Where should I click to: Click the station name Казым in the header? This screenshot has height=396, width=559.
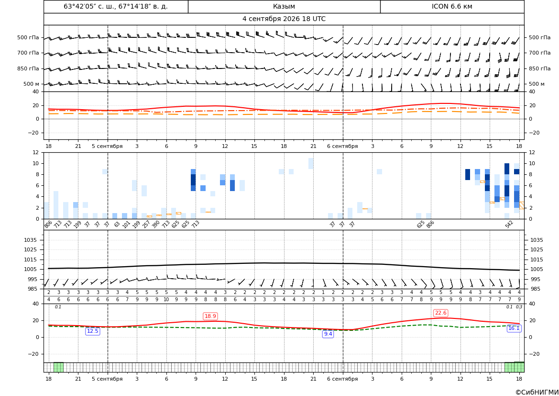pyautogui.click(x=284, y=6)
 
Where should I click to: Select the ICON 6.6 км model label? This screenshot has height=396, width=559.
pyautogui.click(x=452, y=6)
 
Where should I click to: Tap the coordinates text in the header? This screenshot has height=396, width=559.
pyautogui.click(x=116, y=6)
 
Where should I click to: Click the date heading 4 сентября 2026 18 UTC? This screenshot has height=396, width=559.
pyautogui.click(x=284, y=19)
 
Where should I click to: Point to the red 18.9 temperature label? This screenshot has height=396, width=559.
pyautogui.click(x=210, y=316)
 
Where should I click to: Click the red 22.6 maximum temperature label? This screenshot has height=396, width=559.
pyautogui.click(x=440, y=313)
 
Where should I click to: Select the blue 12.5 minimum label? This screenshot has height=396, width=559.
pyautogui.click(x=93, y=331)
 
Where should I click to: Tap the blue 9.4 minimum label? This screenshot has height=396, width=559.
pyautogui.click(x=328, y=334)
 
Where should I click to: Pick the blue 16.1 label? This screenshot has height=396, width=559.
pyautogui.click(x=514, y=328)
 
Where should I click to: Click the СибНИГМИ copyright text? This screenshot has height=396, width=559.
pyautogui.click(x=537, y=392)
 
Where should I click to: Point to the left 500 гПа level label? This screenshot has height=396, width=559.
pyautogui.click(x=28, y=37)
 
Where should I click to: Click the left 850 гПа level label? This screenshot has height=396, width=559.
pyautogui.click(x=28, y=68)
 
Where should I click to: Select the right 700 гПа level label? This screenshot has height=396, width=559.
pyautogui.click(x=539, y=53)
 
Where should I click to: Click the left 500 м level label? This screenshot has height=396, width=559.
pyautogui.click(x=32, y=84)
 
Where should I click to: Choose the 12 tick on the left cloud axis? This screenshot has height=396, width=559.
pyautogui.click(x=36, y=152)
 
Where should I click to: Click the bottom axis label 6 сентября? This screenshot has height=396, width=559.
pyautogui.click(x=342, y=379)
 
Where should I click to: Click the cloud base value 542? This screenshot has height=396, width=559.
pyautogui.click(x=509, y=224)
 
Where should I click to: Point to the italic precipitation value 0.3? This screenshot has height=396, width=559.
pyautogui.click(x=519, y=307)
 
